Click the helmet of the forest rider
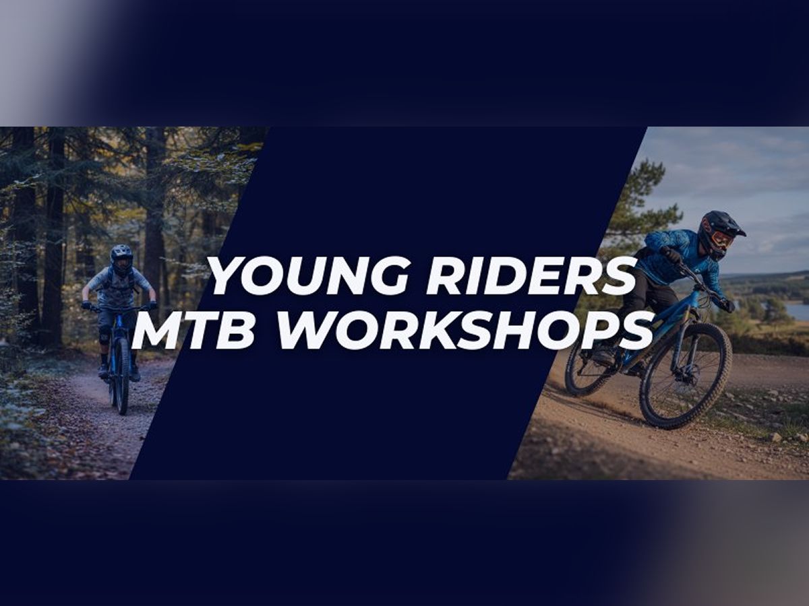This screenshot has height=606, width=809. click(x=121, y=258)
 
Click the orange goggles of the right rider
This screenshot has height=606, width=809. click(x=721, y=239)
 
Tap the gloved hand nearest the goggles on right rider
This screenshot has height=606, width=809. click(x=671, y=255)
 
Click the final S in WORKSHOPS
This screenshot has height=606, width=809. click(x=637, y=331)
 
